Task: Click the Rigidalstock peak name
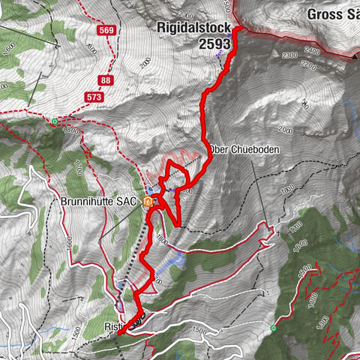(199, 28)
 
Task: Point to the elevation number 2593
(213, 44)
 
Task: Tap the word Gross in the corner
(325, 13)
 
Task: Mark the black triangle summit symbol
(355, 55)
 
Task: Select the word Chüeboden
(259, 150)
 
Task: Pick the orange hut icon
(150, 201)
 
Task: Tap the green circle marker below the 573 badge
(55, 120)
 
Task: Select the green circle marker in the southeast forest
(273, 328)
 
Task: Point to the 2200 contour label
(305, 64)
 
